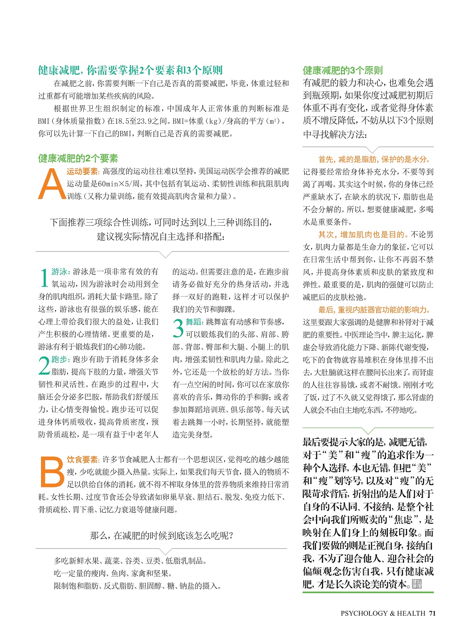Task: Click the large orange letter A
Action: click(52, 184)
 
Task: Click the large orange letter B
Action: click(52, 472)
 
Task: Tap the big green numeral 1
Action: click(44, 278)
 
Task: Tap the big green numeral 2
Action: click(44, 366)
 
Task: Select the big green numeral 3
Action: click(178, 328)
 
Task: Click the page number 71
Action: click(432, 613)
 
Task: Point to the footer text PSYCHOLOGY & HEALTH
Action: click(383, 613)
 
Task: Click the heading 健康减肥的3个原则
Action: click(343, 70)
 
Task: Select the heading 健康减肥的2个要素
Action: click(78, 158)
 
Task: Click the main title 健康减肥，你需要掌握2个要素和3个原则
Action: click(130, 70)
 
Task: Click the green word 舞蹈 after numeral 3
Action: click(194, 322)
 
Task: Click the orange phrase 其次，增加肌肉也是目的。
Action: click(363, 235)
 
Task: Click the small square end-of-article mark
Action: click(417, 584)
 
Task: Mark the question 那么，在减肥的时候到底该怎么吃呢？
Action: click(162, 535)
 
